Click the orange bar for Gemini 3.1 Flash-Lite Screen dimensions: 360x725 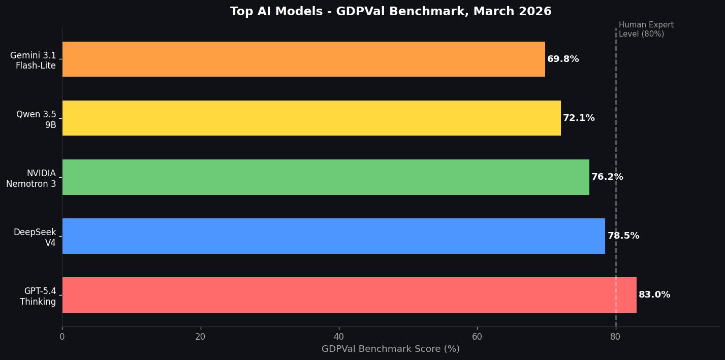[303, 59]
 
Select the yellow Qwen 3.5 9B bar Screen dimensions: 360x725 [311, 118]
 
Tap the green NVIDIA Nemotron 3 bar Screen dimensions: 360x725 [325, 177]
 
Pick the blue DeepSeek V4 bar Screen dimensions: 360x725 [333, 236]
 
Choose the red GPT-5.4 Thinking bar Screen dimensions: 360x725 [349, 295]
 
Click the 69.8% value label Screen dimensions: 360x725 [563, 59]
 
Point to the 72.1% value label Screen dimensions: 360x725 [579, 118]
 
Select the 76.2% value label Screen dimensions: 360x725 [607, 177]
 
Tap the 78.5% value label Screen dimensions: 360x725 [623, 236]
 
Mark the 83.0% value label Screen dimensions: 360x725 [654, 295]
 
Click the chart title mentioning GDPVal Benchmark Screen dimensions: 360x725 [391, 12]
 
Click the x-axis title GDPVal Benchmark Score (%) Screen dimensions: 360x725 [390, 349]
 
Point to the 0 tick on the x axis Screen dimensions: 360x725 [62, 337]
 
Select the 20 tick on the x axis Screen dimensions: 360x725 [200, 337]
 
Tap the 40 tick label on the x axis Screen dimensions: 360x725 [339, 337]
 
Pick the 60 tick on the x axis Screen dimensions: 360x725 [477, 337]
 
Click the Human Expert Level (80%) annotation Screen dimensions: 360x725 [646, 29]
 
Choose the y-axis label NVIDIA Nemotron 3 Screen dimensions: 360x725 [31, 179]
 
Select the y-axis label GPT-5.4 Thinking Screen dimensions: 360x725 [38, 297]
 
